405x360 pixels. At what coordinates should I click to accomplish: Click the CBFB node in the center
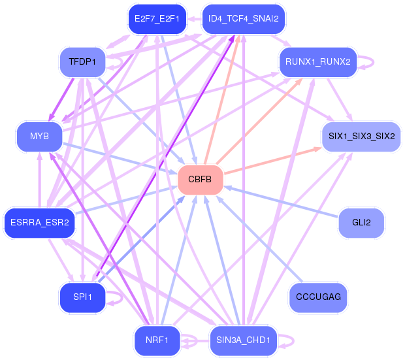[201, 180]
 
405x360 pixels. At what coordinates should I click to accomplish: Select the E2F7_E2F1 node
[157, 18]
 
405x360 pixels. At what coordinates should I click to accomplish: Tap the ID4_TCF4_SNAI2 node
[243, 18]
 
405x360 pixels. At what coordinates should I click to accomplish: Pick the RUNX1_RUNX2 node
[317, 63]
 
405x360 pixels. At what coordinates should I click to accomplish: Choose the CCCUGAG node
[317, 297]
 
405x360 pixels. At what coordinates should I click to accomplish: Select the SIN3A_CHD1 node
[243, 340]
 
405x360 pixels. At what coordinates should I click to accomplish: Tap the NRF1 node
[157, 340]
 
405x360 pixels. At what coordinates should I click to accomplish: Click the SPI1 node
[82, 297]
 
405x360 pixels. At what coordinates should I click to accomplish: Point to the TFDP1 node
[82, 63]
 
